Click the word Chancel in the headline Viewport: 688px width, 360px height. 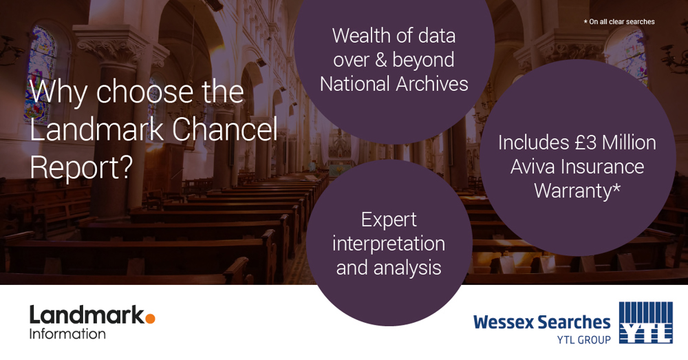[225, 129]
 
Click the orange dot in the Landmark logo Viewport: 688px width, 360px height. [150, 318]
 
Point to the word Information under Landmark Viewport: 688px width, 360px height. [67, 334]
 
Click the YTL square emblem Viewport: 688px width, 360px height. [645, 323]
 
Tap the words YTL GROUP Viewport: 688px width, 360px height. [584, 339]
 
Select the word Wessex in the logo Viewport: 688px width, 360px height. [504, 322]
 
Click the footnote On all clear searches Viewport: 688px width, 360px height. [619, 21]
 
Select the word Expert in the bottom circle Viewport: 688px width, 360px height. [389, 220]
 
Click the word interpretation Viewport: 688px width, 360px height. [389, 244]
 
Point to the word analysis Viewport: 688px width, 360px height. [407, 268]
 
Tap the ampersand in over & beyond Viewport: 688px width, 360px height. [381, 60]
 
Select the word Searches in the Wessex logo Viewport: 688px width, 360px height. [574, 322]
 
